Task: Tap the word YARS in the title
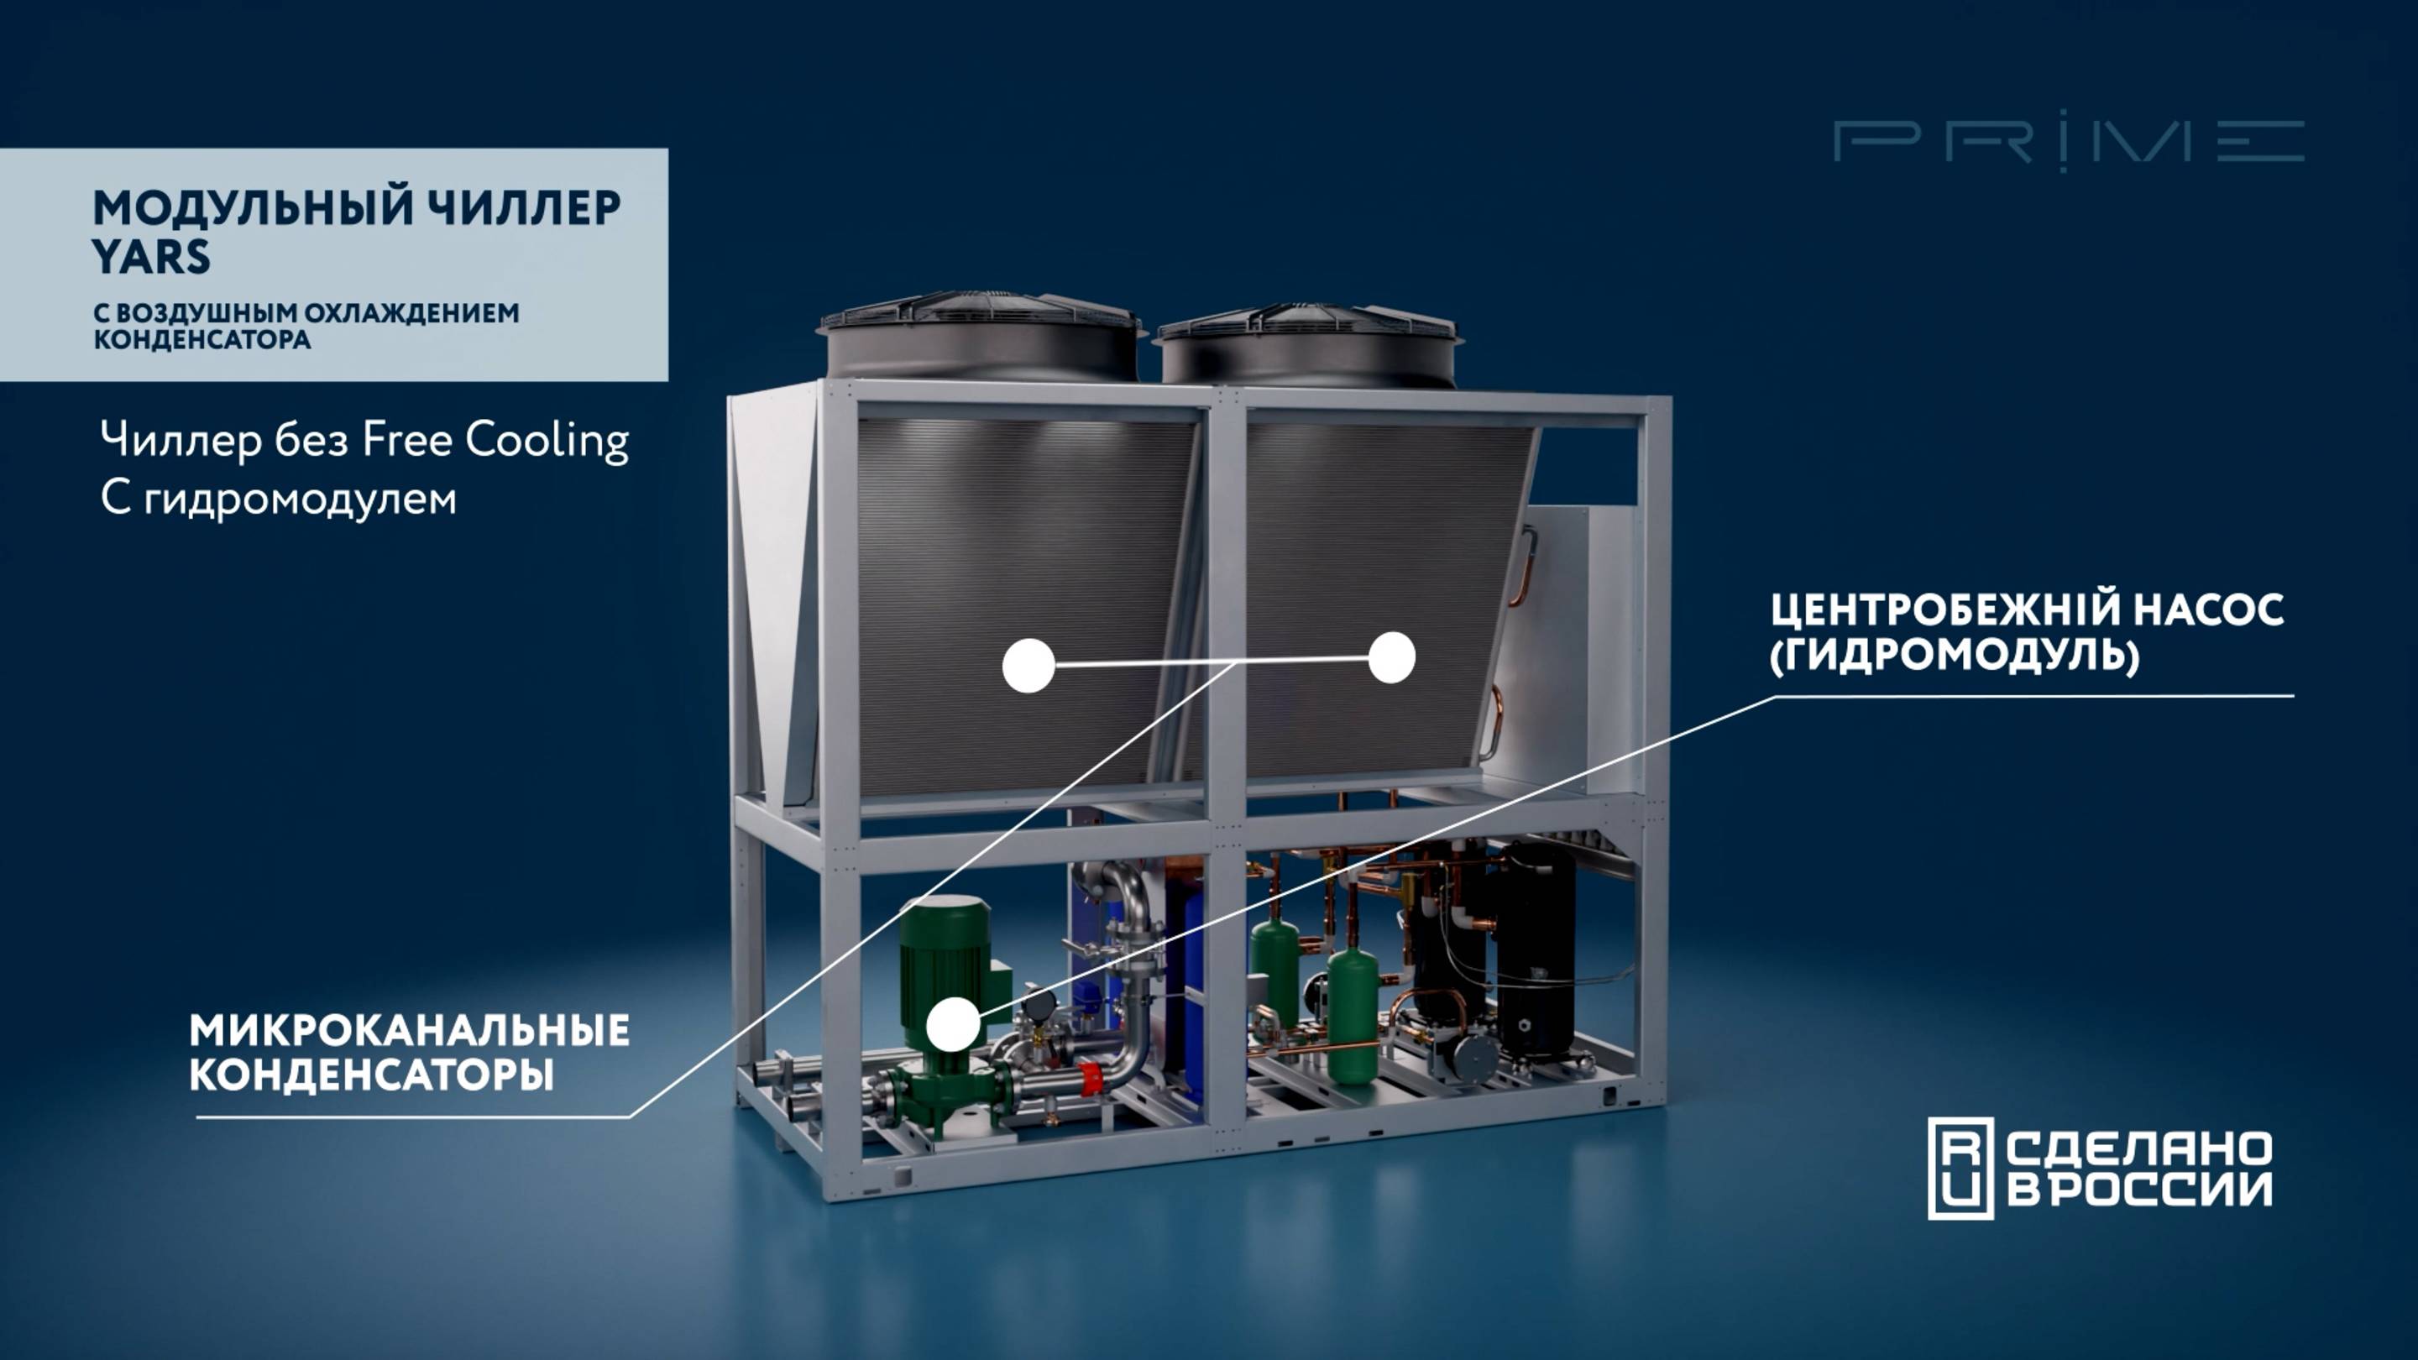[x=151, y=256]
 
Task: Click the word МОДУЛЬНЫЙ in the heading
[x=253, y=208]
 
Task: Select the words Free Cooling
[x=495, y=440]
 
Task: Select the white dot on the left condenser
[x=1028, y=666]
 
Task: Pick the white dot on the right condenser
[x=1392, y=657]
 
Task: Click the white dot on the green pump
[x=954, y=1024]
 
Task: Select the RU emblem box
[x=1960, y=1169]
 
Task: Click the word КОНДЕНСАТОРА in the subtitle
[x=201, y=340]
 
